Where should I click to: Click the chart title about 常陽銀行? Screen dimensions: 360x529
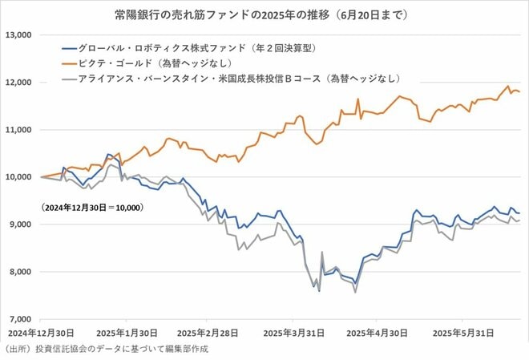(264, 14)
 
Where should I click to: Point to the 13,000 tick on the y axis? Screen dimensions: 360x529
(18, 35)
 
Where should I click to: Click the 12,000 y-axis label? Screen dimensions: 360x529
(18, 83)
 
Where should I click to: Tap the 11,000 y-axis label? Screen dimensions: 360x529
(18, 130)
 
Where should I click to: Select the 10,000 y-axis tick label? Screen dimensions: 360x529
(18, 177)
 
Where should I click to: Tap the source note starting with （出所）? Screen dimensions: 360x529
(100, 350)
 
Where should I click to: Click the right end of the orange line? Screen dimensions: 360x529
(519, 92)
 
